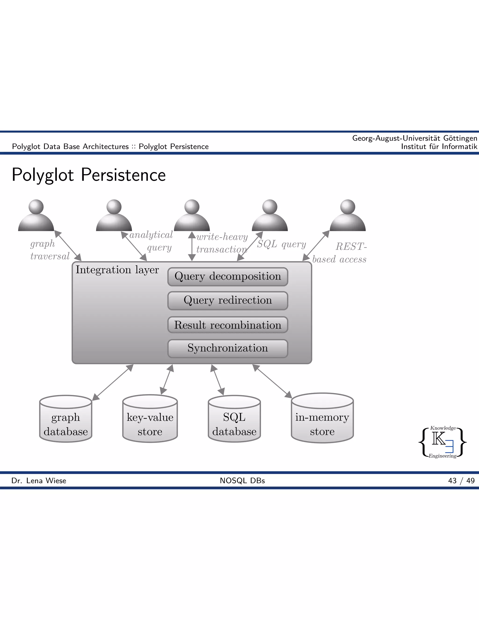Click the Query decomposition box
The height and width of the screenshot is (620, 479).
(228, 277)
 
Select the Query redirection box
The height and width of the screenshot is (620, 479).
(228, 300)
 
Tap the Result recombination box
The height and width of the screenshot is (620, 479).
(228, 325)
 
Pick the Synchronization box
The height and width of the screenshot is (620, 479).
(228, 348)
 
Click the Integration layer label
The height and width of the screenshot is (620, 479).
(117, 270)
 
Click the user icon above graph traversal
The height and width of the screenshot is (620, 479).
(36, 215)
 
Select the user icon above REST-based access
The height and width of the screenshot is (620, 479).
(348, 215)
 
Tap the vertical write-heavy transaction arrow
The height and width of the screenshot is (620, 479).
(192, 246)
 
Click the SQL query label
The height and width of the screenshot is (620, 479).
(281, 244)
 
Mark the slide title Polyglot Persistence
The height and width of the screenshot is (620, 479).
(89, 175)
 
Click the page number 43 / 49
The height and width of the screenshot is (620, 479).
(461, 481)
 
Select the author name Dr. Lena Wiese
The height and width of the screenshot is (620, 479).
(39, 481)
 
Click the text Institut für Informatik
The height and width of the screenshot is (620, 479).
(439, 146)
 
